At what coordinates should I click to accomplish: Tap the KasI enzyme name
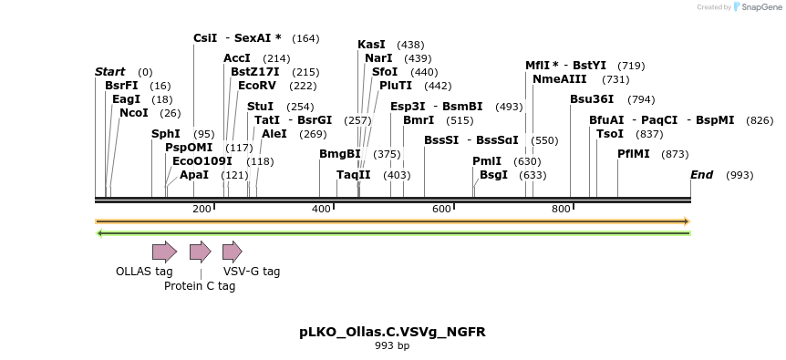tap(371, 45)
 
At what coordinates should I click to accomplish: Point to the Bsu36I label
tap(592, 99)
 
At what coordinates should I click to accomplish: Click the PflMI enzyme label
tap(634, 154)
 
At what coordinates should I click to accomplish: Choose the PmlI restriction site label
tap(487, 161)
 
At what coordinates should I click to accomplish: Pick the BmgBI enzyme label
tap(339, 154)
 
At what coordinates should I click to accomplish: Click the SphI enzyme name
tap(166, 134)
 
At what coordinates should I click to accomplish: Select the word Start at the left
tap(109, 72)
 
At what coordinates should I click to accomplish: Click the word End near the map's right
tap(701, 175)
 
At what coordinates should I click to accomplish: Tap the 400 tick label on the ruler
tap(322, 210)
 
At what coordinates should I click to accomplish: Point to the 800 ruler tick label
tap(562, 210)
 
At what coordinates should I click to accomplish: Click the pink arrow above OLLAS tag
tap(164, 252)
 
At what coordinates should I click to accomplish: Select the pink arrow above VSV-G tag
tap(232, 252)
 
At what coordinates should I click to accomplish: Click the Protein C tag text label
tap(200, 286)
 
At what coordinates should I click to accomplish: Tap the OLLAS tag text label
tap(144, 271)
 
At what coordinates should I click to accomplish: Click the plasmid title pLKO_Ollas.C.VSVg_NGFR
tap(392, 332)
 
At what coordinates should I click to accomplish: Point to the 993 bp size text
tap(392, 346)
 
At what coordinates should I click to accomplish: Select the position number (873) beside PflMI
tap(675, 154)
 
